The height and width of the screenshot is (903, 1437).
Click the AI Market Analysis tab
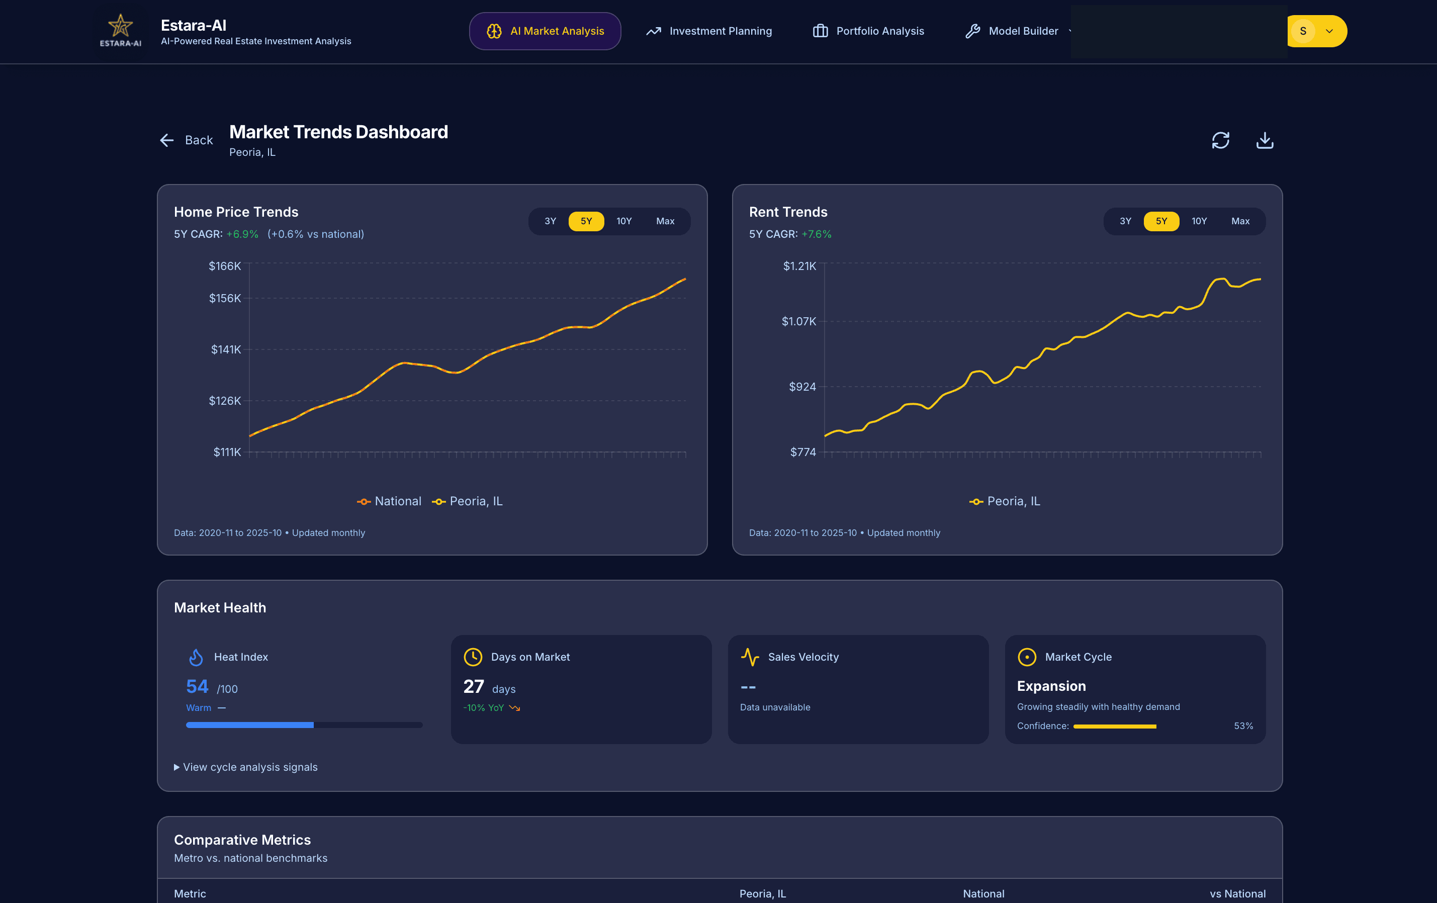pos(545,31)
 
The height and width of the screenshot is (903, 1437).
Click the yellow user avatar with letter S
pos(1303,31)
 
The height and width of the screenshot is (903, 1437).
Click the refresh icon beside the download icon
pos(1220,140)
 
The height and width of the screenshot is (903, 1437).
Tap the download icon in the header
pos(1265,140)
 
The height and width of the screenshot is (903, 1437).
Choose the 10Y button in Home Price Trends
pos(623,221)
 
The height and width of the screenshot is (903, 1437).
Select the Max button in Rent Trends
pos(1240,221)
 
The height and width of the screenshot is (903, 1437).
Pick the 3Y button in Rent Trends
pos(1125,221)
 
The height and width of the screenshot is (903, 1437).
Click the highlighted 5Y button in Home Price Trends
pos(586,221)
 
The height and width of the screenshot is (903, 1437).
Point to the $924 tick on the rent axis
pos(802,387)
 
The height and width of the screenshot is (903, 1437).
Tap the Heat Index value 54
pos(197,686)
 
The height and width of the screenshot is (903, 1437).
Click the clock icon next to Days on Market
pos(473,657)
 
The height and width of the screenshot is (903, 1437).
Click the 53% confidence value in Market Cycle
pos(1243,726)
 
